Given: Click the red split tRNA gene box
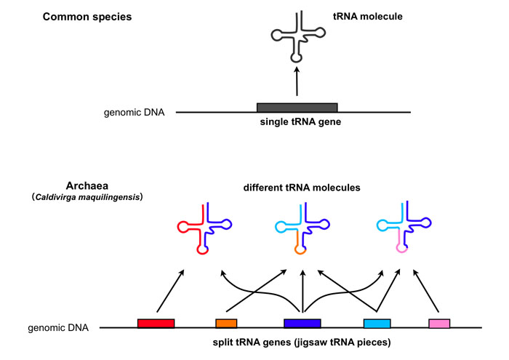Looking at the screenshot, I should [156, 323].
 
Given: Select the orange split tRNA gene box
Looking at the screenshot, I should [226, 323].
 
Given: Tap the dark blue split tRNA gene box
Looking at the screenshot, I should [302, 323].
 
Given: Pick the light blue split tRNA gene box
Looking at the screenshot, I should [377, 323].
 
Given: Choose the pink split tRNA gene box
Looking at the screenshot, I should [438, 323].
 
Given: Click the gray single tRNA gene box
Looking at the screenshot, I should [297, 108].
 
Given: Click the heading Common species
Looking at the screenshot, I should [91, 15].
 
